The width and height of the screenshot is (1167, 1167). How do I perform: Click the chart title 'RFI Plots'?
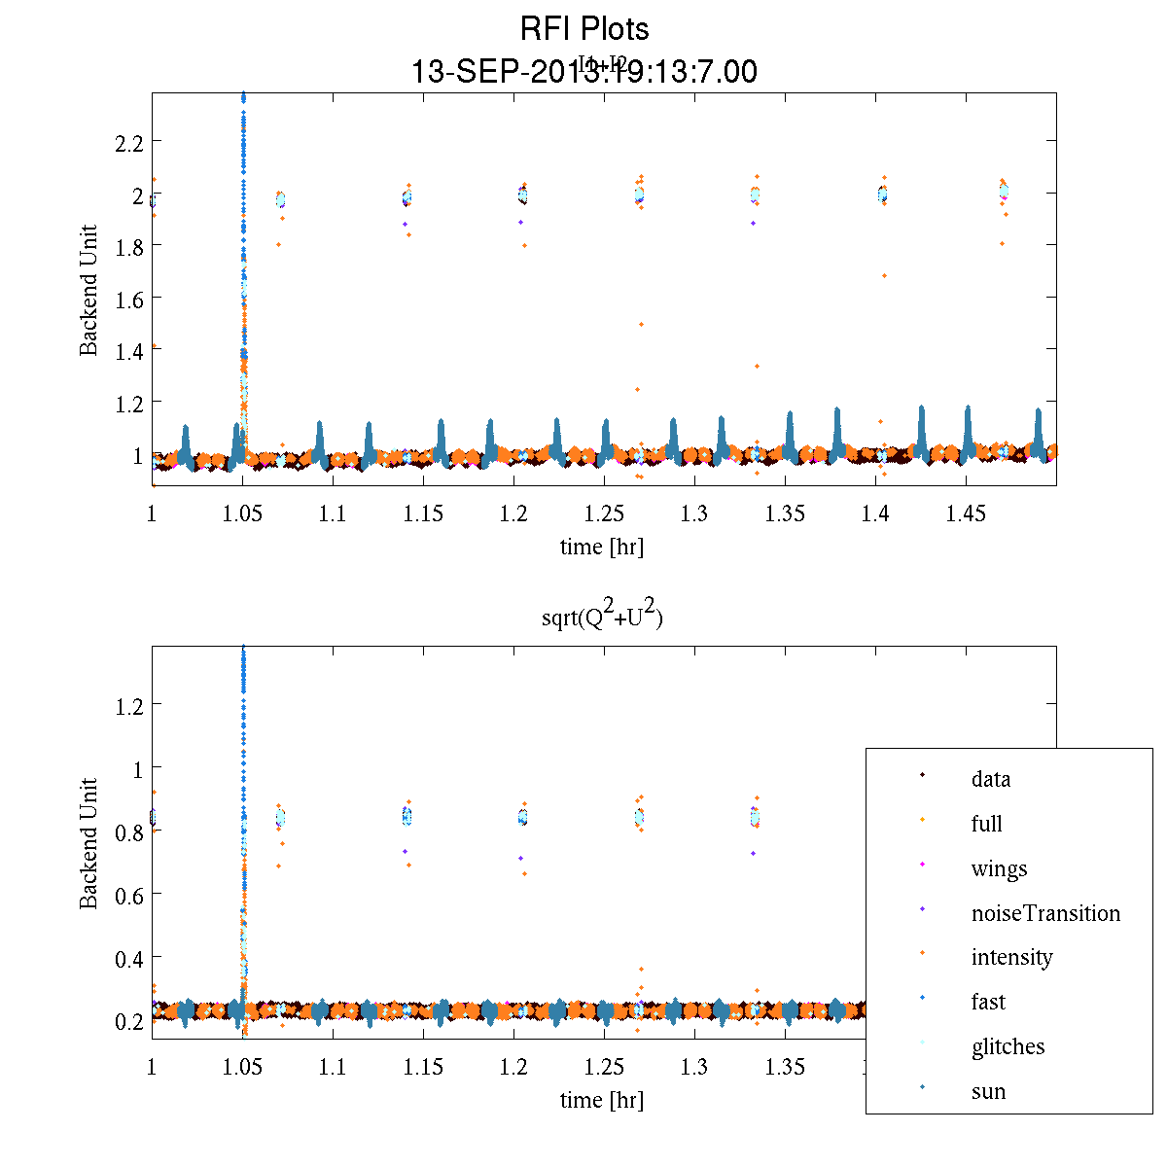point(583,29)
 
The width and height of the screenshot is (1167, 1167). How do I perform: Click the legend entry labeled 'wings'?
point(999,868)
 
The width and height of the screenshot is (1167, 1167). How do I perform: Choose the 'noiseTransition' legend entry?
point(1045,913)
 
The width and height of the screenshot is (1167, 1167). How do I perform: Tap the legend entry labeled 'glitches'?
point(1008,1046)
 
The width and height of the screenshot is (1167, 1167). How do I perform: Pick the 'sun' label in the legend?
point(988,1091)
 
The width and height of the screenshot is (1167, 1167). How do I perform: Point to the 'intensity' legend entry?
point(1011,958)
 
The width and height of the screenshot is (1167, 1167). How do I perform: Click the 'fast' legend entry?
point(988,1002)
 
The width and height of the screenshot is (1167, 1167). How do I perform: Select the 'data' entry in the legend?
point(990,779)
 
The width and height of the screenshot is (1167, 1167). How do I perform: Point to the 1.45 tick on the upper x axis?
point(966,513)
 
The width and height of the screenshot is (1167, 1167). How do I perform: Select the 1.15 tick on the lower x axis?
point(423,1067)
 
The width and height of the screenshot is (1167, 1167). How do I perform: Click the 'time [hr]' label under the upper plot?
point(601,547)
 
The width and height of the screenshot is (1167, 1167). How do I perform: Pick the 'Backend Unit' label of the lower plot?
point(89,842)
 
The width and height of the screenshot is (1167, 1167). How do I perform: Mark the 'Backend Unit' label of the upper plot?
point(89,290)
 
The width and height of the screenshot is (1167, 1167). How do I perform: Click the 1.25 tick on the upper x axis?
point(604,513)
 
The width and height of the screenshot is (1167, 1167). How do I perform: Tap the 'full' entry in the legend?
point(986,824)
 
